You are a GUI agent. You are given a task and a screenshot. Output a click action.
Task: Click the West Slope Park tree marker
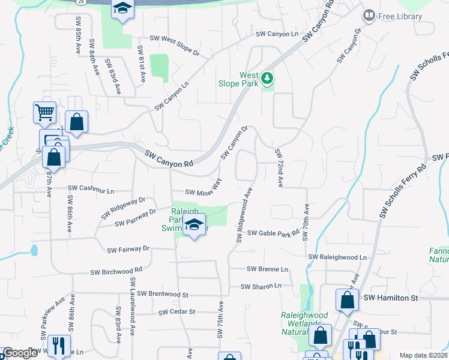click(267, 79)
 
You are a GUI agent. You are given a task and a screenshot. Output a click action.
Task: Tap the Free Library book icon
click(369, 16)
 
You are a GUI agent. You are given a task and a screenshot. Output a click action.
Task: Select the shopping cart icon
click(45, 112)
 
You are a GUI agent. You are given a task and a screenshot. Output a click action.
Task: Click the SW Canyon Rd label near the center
click(170, 159)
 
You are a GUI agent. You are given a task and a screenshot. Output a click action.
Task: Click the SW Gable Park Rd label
click(274, 233)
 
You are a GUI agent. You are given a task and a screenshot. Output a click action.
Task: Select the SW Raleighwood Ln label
click(337, 257)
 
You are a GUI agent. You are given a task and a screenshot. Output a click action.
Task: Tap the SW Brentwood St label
click(163, 295)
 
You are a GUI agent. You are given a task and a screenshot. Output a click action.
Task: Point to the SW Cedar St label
click(177, 312)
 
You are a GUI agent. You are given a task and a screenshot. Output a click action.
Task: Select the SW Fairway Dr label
click(128, 249)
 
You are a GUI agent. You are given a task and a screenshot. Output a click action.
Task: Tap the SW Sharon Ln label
click(261, 287)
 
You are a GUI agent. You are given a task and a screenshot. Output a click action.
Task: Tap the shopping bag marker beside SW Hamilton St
click(347, 299)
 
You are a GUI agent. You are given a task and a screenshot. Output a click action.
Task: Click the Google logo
click(19, 353)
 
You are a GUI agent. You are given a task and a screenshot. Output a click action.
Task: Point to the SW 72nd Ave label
click(279, 167)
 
